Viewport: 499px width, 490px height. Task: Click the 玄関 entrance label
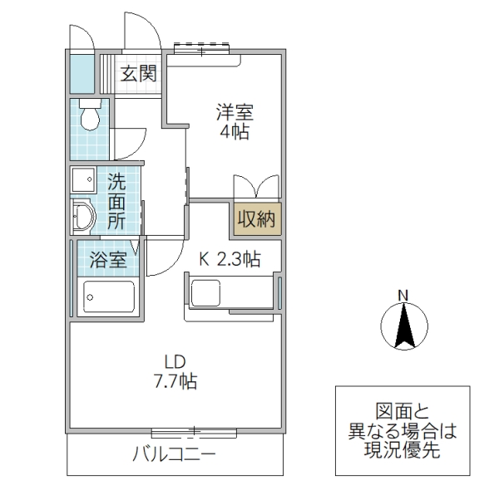pyautogui.click(x=138, y=74)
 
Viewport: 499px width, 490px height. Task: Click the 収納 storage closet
pyautogui.click(x=256, y=219)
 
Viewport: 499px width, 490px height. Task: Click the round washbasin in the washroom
pyautogui.click(x=83, y=218)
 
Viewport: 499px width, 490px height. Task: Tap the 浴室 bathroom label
pyautogui.click(x=109, y=259)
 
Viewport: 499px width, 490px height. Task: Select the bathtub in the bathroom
pyautogui.click(x=107, y=296)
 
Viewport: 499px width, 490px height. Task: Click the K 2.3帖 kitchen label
pyautogui.click(x=230, y=259)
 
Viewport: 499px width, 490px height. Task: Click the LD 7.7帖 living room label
pyautogui.click(x=175, y=372)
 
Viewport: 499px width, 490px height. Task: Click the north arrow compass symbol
pyautogui.click(x=403, y=326)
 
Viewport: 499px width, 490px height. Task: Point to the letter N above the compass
pyautogui.click(x=403, y=295)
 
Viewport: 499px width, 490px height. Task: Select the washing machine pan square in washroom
pyautogui.click(x=83, y=179)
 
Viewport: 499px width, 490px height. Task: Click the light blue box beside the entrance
pyautogui.click(x=81, y=72)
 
